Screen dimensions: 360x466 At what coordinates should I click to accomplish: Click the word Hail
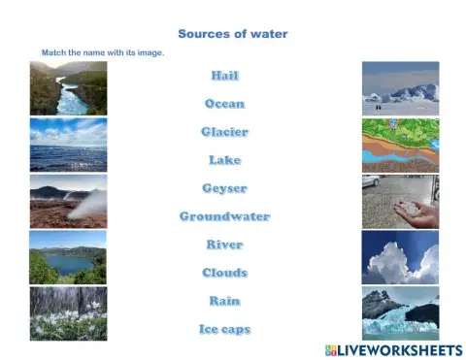pos(224,76)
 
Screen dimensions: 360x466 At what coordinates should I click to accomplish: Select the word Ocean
pos(224,104)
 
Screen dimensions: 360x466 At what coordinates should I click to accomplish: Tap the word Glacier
pos(224,132)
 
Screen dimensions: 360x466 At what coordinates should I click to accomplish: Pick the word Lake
pos(224,160)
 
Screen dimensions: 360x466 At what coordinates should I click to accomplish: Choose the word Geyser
pos(224,188)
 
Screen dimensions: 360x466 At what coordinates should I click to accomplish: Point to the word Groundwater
pos(224,216)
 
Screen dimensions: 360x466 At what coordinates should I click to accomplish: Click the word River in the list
pos(224,245)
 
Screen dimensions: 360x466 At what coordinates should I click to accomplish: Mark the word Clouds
pos(224,273)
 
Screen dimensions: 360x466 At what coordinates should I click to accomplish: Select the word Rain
pos(224,301)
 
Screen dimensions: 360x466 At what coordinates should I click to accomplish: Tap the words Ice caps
pos(224,329)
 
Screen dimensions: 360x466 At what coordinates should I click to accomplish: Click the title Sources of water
pos(233,34)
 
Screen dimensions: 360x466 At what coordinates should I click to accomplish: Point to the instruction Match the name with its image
pos(102,52)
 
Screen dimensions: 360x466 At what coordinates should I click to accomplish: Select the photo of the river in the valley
pos(68,88)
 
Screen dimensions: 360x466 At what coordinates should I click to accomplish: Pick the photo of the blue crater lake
pos(68,257)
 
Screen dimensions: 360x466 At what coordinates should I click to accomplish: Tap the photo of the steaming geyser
pos(68,201)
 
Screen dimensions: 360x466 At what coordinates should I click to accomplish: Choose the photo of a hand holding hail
pos(400,202)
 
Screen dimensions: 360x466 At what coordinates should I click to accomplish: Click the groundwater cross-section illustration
pos(400,146)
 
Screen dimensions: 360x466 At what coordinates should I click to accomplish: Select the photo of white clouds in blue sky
pos(400,257)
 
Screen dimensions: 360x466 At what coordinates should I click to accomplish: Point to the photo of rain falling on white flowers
pos(68,312)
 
